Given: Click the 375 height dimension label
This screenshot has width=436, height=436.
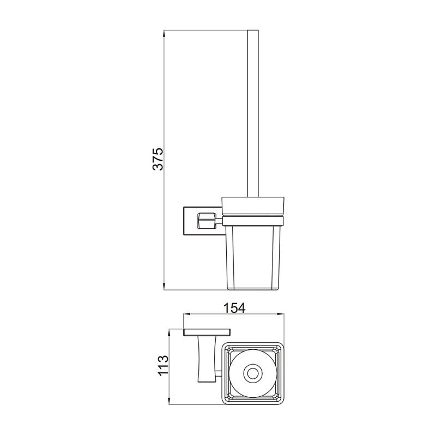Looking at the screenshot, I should click(158, 159).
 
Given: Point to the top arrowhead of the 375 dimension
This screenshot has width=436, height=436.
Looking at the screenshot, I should click(164, 33).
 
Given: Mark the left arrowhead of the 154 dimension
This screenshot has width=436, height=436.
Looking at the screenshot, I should click(185, 314).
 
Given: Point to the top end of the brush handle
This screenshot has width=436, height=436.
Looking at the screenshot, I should click(252, 32).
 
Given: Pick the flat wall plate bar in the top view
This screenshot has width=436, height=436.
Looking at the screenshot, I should click(207, 332).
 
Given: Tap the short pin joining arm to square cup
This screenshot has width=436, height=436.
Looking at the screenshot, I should click(219, 374).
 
